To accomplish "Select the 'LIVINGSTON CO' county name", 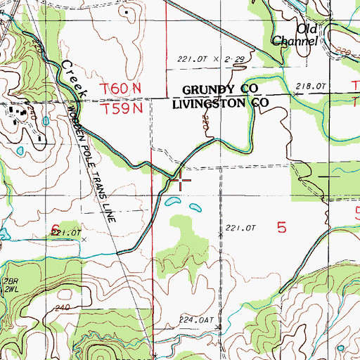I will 217,103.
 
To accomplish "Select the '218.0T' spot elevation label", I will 311,85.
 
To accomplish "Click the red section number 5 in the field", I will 282,227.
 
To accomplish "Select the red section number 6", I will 55,226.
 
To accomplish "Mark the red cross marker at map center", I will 181,180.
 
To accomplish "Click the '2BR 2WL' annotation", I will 10,284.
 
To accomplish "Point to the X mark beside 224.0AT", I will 219,328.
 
